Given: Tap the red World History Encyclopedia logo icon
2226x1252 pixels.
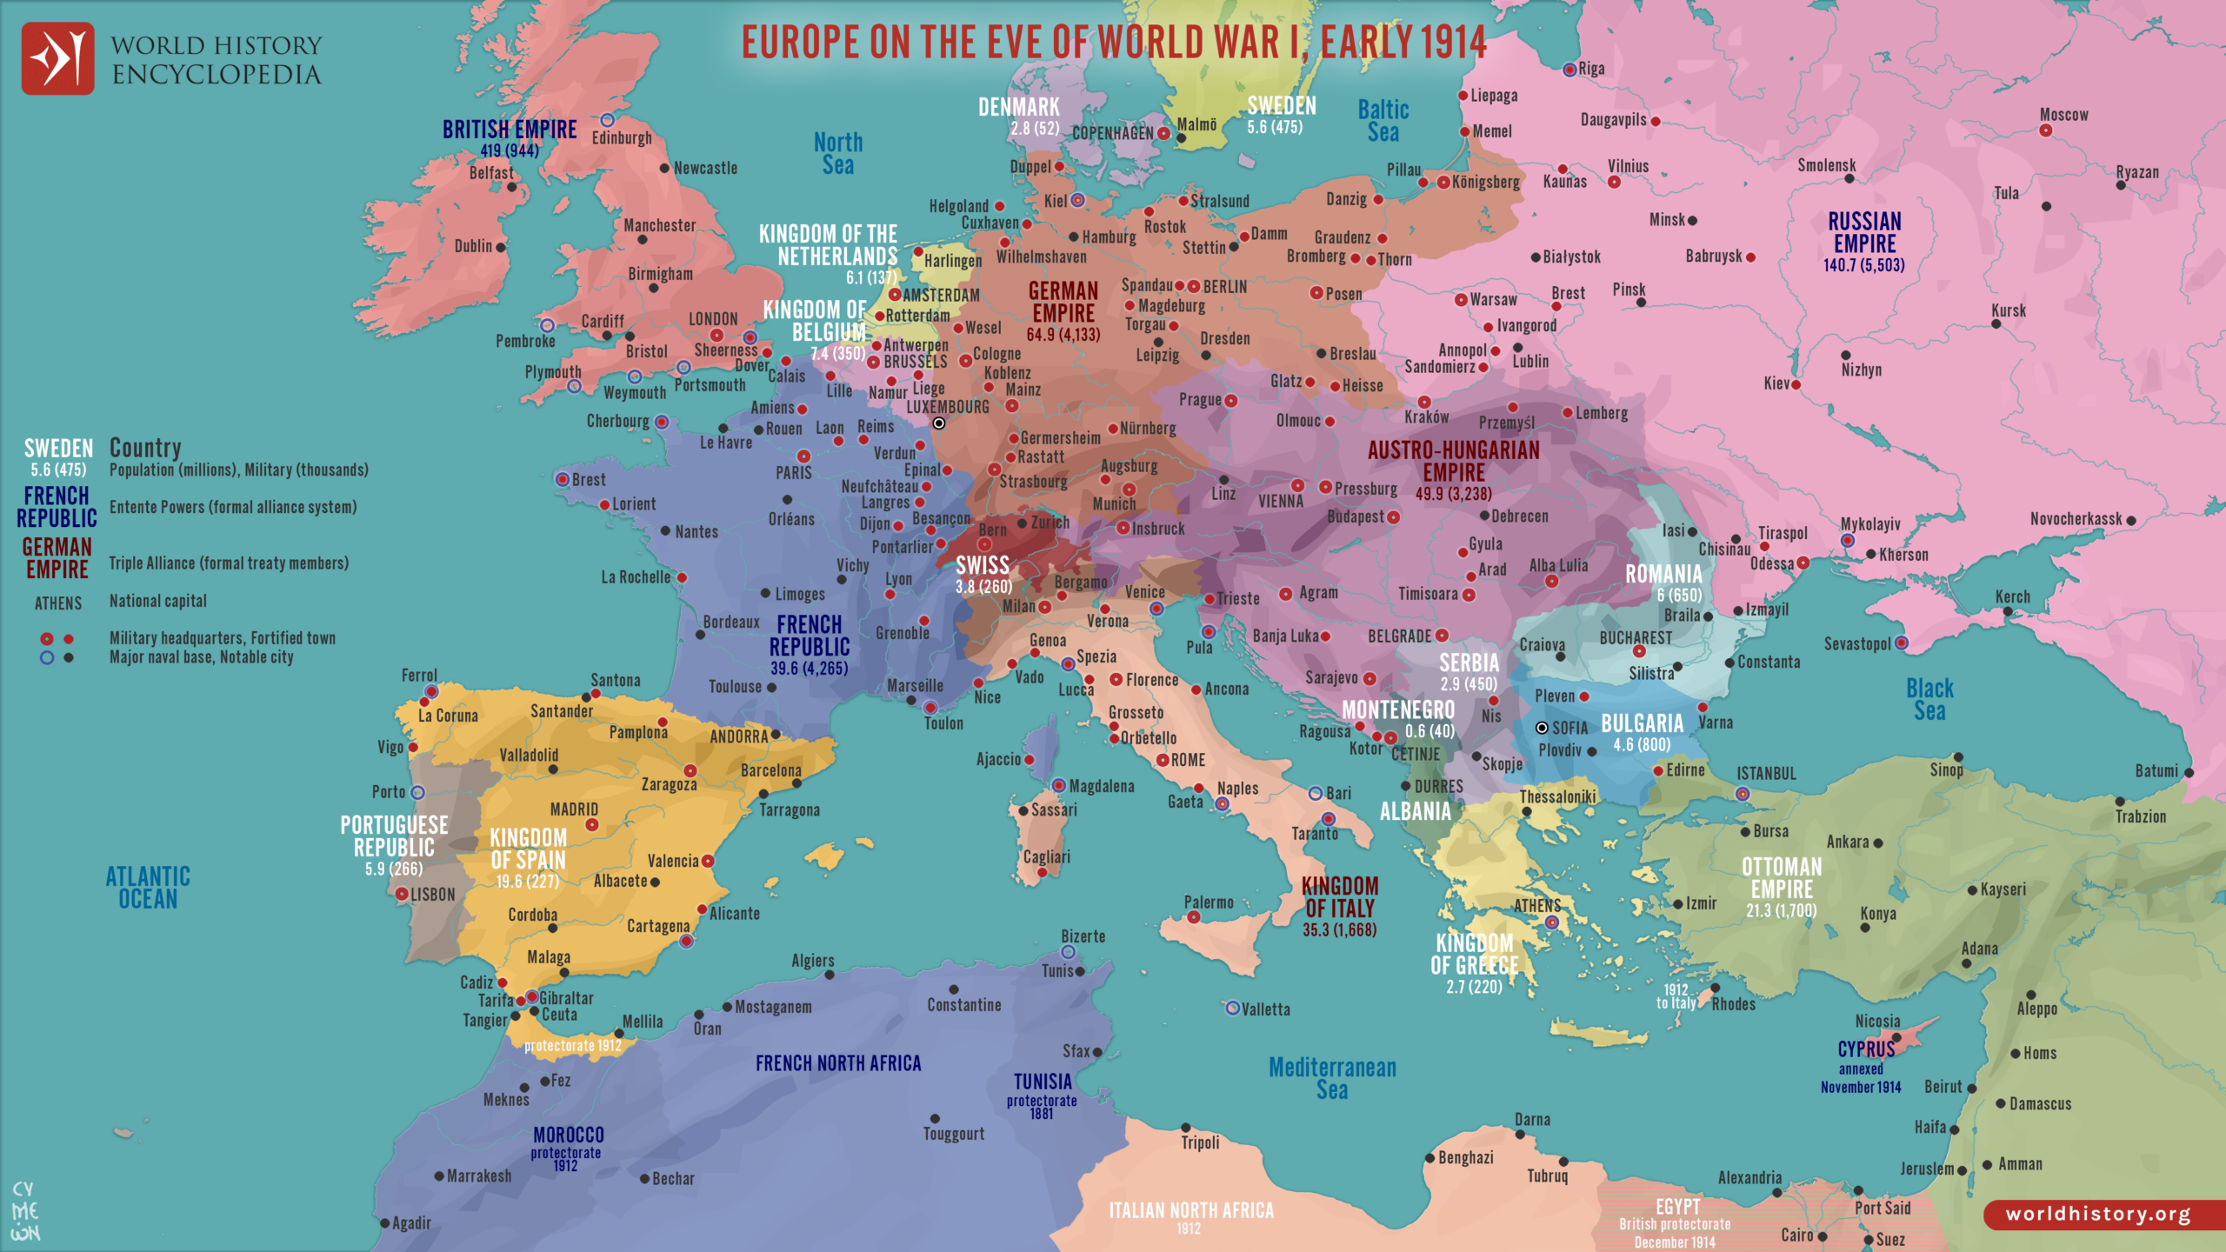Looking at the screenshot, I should [57, 58].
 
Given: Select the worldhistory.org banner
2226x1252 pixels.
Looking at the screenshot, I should [2097, 1214].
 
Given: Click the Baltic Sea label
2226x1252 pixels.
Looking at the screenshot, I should [1383, 121].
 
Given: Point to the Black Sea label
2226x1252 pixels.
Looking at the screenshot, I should [1929, 699].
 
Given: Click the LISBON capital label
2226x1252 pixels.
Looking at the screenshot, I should [432, 895].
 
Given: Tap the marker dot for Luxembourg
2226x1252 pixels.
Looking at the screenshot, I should [939, 423].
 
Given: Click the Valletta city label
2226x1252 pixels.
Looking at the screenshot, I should [1265, 1009].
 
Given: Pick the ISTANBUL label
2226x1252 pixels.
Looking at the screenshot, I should [1765, 774].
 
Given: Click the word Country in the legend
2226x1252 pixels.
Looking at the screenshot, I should [145, 448].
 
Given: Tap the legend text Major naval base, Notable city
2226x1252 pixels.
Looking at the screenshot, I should [201, 657].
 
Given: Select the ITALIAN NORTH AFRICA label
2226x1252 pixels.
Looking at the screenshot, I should [1190, 1210].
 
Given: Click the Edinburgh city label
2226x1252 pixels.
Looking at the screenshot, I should [621, 138].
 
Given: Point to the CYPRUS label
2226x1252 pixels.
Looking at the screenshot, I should [1866, 1049].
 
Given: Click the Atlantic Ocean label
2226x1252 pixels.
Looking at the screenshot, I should [148, 887].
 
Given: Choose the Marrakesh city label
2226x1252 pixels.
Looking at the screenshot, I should [478, 1176].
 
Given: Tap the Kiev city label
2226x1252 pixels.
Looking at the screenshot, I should [1776, 383].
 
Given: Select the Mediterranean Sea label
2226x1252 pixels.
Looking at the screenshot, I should [1332, 1078].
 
